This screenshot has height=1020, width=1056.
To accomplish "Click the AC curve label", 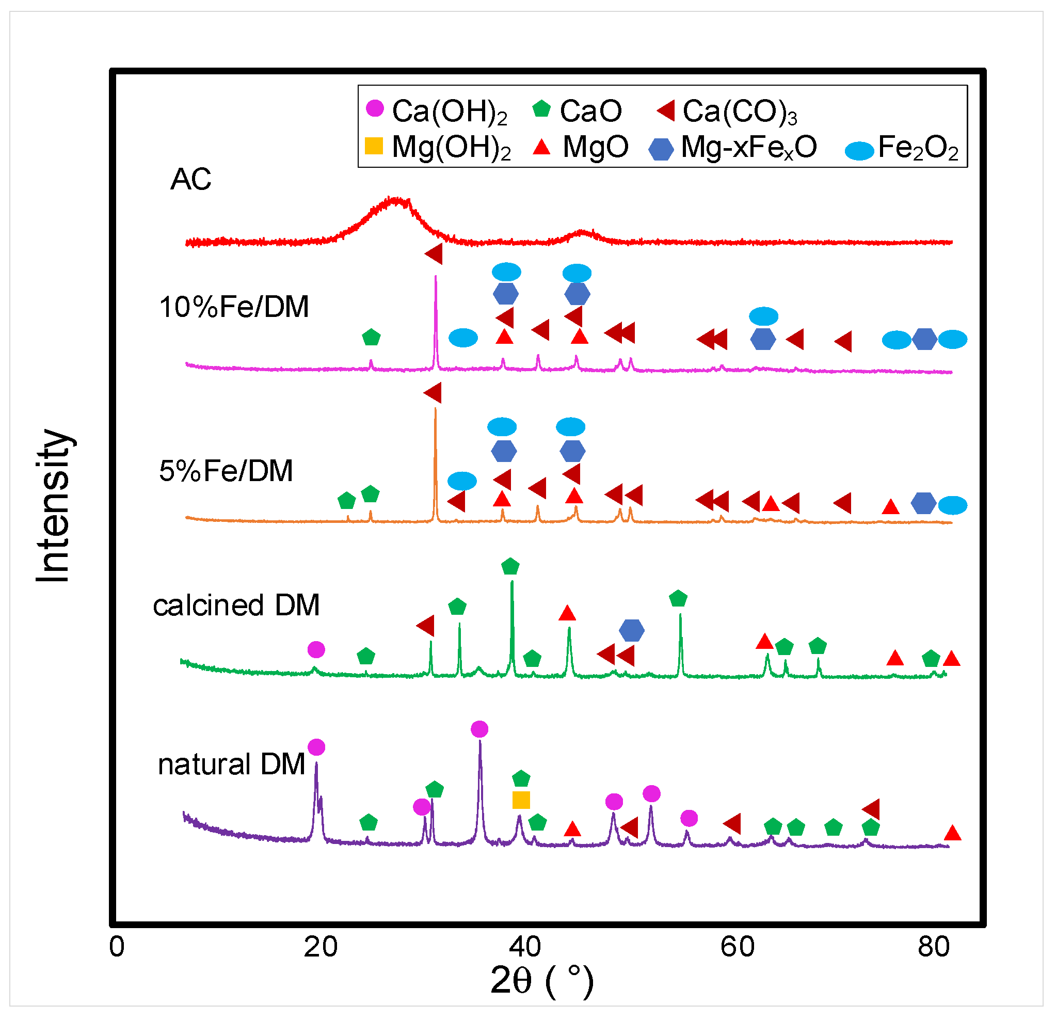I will (191, 180).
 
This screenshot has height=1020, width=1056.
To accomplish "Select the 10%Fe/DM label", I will (234, 308).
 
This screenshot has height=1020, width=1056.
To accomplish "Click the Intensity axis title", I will (53, 506).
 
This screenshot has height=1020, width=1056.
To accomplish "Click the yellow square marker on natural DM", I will (521, 801).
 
